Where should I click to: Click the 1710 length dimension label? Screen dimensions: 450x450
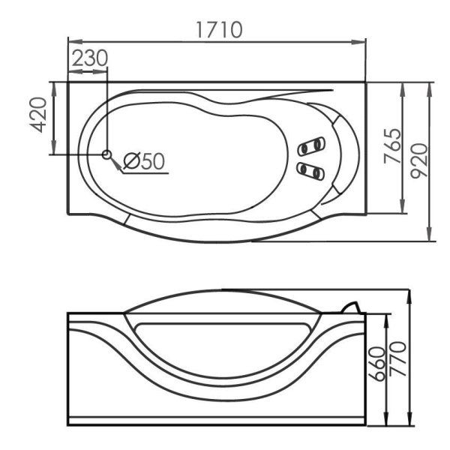[x=220, y=29]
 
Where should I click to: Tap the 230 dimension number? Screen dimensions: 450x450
[x=89, y=58]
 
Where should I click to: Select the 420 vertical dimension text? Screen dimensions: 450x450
[x=38, y=115]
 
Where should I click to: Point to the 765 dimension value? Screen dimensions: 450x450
[x=392, y=146]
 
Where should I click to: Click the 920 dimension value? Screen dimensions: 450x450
[x=419, y=161]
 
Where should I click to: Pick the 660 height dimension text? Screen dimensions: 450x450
[x=376, y=364]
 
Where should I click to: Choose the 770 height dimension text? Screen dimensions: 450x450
[x=397, y=358]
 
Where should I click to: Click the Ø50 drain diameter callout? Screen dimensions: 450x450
[x=144, y=160]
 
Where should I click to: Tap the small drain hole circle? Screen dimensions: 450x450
[x=106, y=154]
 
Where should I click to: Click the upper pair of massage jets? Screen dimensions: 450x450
[x=311, y=146]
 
